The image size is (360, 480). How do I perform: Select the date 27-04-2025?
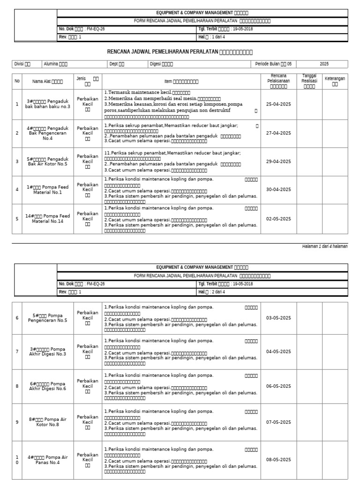[x=278, y=133]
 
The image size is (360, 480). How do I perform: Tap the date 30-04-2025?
[x=278, y=189]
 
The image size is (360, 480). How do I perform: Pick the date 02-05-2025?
[x=278, y=218]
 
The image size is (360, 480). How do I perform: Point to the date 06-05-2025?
[x=278, y=386]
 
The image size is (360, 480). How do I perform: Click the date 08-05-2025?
[x=278, y=459]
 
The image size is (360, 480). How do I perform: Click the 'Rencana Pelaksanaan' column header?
[x=278, y=81]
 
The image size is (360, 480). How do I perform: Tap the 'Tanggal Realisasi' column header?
[x=309, y=81]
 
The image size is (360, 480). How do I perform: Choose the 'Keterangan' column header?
[x=335, y=81]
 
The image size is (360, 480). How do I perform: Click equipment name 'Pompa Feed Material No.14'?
[x=47, y=218]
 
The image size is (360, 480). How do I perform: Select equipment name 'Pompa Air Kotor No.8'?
[x=47, y=422]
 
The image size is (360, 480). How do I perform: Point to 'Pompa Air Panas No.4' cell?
[x=47, y=459]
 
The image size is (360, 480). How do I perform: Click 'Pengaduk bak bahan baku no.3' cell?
[x=47, y=104]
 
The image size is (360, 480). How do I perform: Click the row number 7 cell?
[x=17, y=351]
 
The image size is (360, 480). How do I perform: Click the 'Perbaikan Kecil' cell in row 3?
[x=88, y=161]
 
